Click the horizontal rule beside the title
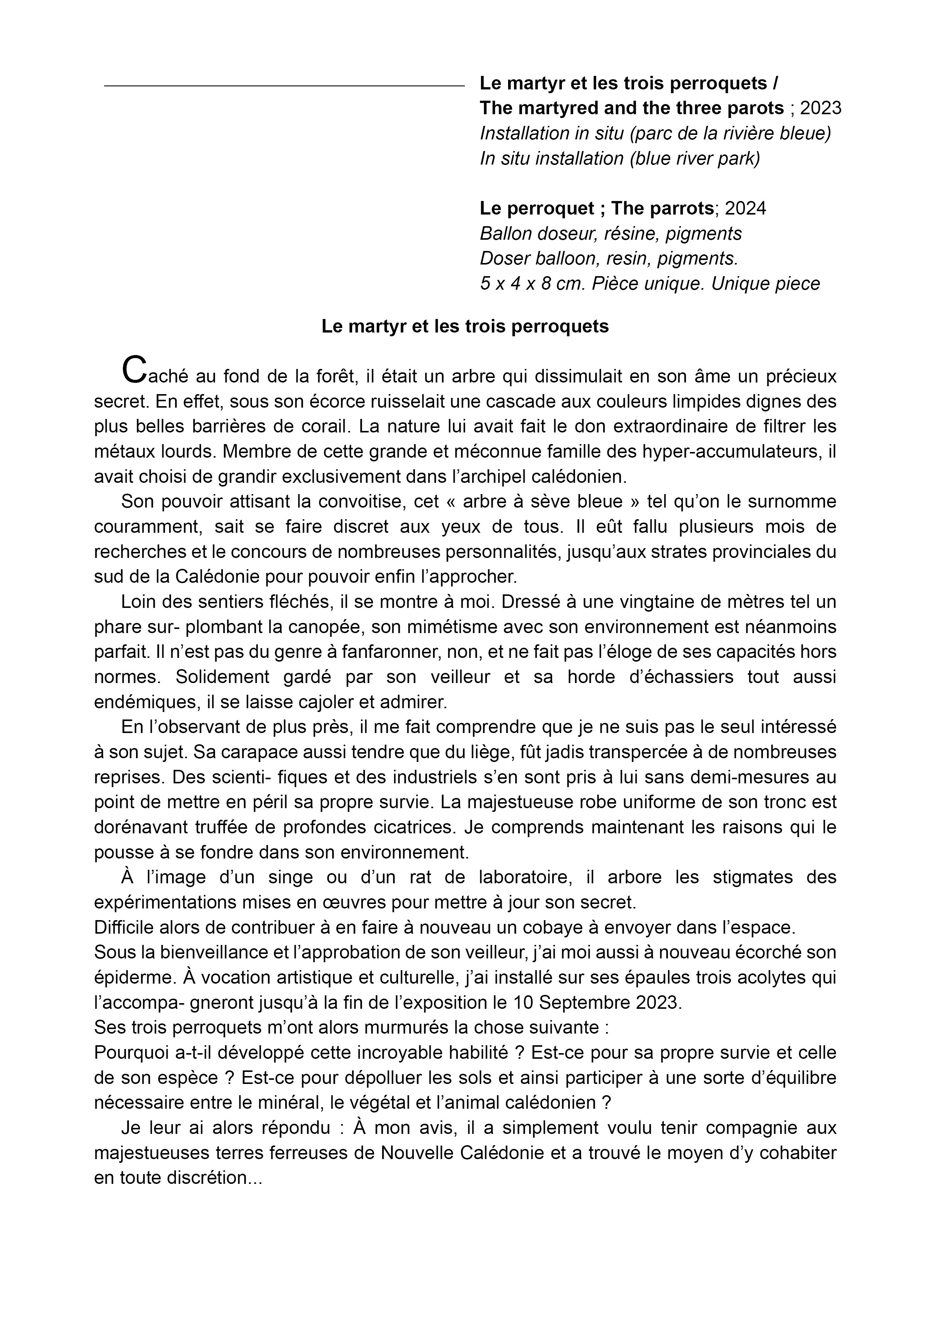coord(284,86)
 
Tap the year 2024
coord(745,209)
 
